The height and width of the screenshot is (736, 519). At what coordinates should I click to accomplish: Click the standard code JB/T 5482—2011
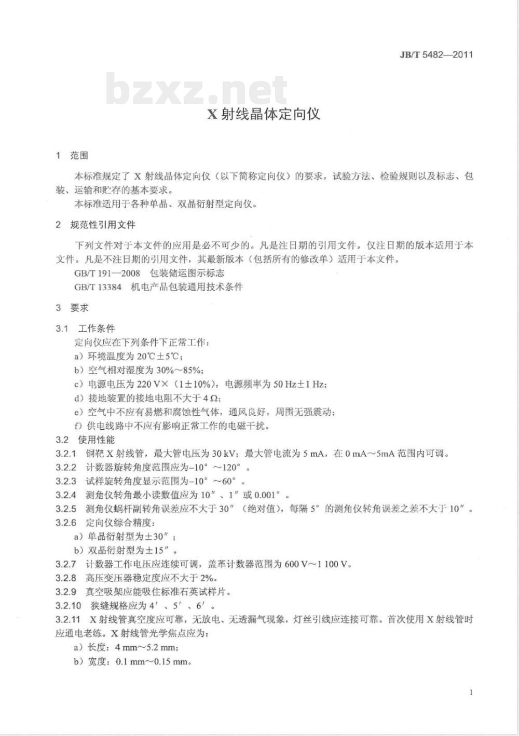coord(430,54)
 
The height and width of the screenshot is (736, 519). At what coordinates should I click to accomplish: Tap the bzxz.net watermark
coord(196,89)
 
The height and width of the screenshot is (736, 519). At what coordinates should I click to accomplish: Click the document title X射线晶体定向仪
coord(264,114)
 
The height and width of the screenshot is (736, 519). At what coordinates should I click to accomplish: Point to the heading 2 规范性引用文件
coord(95,225)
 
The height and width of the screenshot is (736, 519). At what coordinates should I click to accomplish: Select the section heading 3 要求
coord(72,308)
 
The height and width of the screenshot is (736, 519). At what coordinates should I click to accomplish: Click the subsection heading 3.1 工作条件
coord(86,329)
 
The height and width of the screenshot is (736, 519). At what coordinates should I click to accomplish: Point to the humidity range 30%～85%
coord(180,370)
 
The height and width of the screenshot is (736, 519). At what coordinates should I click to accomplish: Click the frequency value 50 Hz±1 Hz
coord(299,384)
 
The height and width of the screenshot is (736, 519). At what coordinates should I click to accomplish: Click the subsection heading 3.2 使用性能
coord(86,440)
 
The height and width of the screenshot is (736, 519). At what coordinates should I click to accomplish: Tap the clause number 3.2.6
coord(66,523)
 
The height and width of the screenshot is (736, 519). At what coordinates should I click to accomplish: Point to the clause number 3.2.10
coord(68,606)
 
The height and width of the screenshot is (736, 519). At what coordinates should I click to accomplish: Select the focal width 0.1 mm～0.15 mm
coord(153,661)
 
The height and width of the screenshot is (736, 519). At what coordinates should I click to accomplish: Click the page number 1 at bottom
coord(471,692)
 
